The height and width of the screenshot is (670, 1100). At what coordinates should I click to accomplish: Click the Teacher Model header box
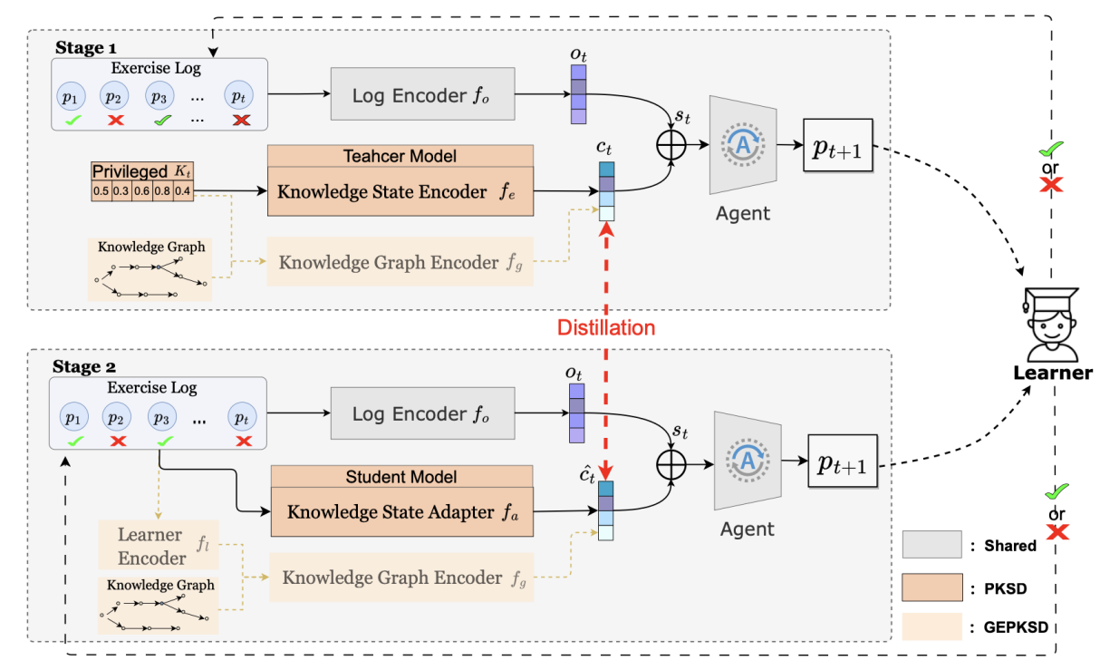(401, 156)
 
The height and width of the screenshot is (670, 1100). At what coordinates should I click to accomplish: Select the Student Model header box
(401, 477)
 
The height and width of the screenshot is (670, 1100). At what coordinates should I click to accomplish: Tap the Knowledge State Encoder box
(401, 191)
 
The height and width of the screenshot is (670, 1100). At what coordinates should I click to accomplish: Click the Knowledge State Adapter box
(401, 512)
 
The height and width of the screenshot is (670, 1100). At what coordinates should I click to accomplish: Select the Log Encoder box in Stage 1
(422, 94)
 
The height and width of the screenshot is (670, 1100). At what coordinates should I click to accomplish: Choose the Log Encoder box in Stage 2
(422, 414)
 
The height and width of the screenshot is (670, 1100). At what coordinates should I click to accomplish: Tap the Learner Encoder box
(153, 546)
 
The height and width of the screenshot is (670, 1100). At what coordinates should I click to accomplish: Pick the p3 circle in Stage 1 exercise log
(159, 96)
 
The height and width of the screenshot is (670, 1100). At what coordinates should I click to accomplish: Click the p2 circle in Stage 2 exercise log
(115, 418)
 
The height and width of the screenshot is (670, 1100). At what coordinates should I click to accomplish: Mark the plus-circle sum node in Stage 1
(673, 145)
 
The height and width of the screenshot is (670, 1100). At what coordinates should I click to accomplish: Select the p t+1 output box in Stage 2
(842, 465)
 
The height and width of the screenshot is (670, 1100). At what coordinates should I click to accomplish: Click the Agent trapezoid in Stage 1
(744, 147)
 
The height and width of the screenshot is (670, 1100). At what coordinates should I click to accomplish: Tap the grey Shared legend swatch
(931, 544)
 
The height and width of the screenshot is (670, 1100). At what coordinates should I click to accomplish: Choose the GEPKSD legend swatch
(931, 626)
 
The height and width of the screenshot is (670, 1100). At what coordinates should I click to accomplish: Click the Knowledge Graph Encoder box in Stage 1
(400, 263)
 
